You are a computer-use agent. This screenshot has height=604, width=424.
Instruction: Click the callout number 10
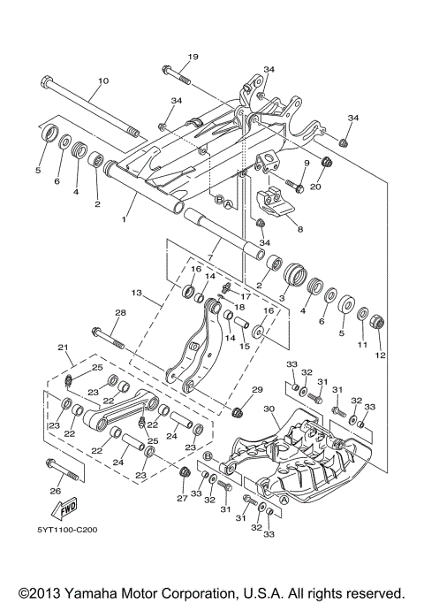tap(102, 81)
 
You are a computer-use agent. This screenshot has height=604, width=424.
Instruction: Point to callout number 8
tap(299, 229)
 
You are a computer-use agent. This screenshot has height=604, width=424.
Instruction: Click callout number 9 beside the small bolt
tap(307, 163)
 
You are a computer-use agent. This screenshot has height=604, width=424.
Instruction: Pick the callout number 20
tap(316, 187)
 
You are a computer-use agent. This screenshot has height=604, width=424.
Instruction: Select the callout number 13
tap(136, 292)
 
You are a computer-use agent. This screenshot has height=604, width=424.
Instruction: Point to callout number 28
tap(120, 312)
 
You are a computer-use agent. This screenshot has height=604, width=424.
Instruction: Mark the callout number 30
tap(269, 409)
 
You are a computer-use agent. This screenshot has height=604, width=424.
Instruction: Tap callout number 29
tap(257, 390)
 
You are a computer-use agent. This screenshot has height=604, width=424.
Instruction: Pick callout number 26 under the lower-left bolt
tap(56, 491)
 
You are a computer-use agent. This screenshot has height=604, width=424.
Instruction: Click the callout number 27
tap(182, 498)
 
